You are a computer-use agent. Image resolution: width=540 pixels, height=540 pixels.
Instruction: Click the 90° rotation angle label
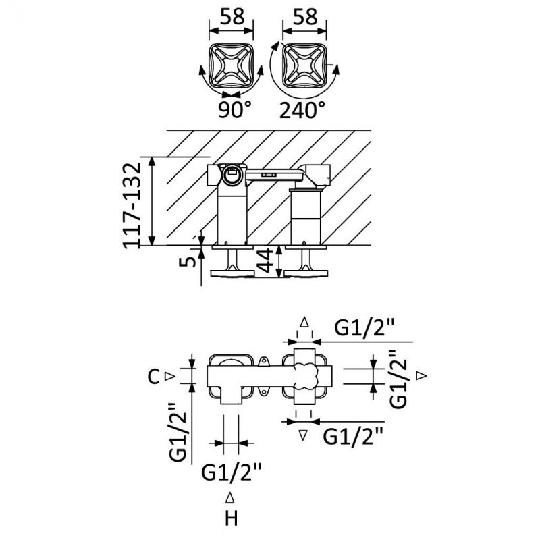pos(235,110)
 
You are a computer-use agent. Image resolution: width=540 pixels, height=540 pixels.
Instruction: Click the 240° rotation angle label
pos(302,110)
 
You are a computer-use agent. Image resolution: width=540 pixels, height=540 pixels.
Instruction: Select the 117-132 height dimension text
pos(132,205)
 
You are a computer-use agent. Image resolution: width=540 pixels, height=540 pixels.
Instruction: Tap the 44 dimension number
pos(265,261)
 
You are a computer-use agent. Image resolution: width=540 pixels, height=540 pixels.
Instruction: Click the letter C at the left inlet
pos(154,377)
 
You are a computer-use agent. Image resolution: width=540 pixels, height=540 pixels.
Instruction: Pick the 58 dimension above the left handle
pos(232,16)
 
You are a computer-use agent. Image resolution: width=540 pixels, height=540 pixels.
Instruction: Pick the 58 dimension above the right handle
pos(305,16)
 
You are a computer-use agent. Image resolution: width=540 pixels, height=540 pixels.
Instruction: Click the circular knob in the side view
pos(230,175)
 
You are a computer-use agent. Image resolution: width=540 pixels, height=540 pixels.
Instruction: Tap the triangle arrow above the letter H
pos(230,497)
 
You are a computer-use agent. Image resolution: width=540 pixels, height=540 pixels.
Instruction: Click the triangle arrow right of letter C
pos(171,377)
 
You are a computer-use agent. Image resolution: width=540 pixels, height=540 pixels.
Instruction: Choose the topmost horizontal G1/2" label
pos(364,327)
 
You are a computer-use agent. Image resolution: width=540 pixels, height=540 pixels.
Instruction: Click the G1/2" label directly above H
pos(232,472)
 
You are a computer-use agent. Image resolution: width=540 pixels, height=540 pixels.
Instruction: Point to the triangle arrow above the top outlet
pos(304,323)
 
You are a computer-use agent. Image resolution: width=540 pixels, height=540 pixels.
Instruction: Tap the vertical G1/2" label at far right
pos(398,379)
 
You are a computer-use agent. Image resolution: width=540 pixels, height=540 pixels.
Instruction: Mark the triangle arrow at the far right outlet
pos(421,375)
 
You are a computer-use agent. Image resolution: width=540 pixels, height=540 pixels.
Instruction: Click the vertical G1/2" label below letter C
pos(178,432)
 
